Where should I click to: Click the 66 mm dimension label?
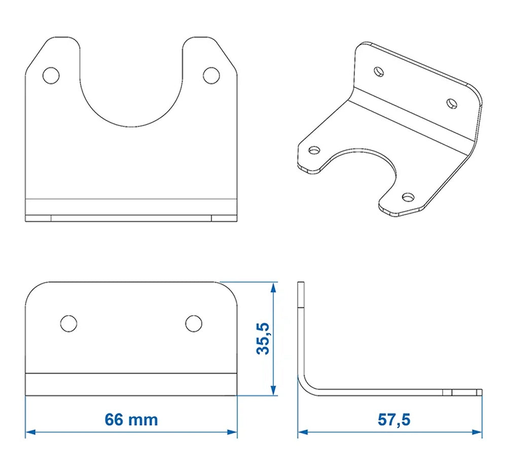pyautogui.click(x=131, y=420)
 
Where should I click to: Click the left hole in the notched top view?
pyautogui.click(x=51, y=75)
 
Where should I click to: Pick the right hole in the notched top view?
pyautogui.click(x=211, y=75)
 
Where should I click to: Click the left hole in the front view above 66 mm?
pyautogui.click(x=68, y=323)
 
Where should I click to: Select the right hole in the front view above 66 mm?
pyautogui.click(x=194, y=323)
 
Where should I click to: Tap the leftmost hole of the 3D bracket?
pyautogui.click(x=315, y=150)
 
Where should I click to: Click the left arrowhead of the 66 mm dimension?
pyautogui.click(x=29, y=432)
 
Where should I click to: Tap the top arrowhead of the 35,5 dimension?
pyautogui.click(x=274, y=287)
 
